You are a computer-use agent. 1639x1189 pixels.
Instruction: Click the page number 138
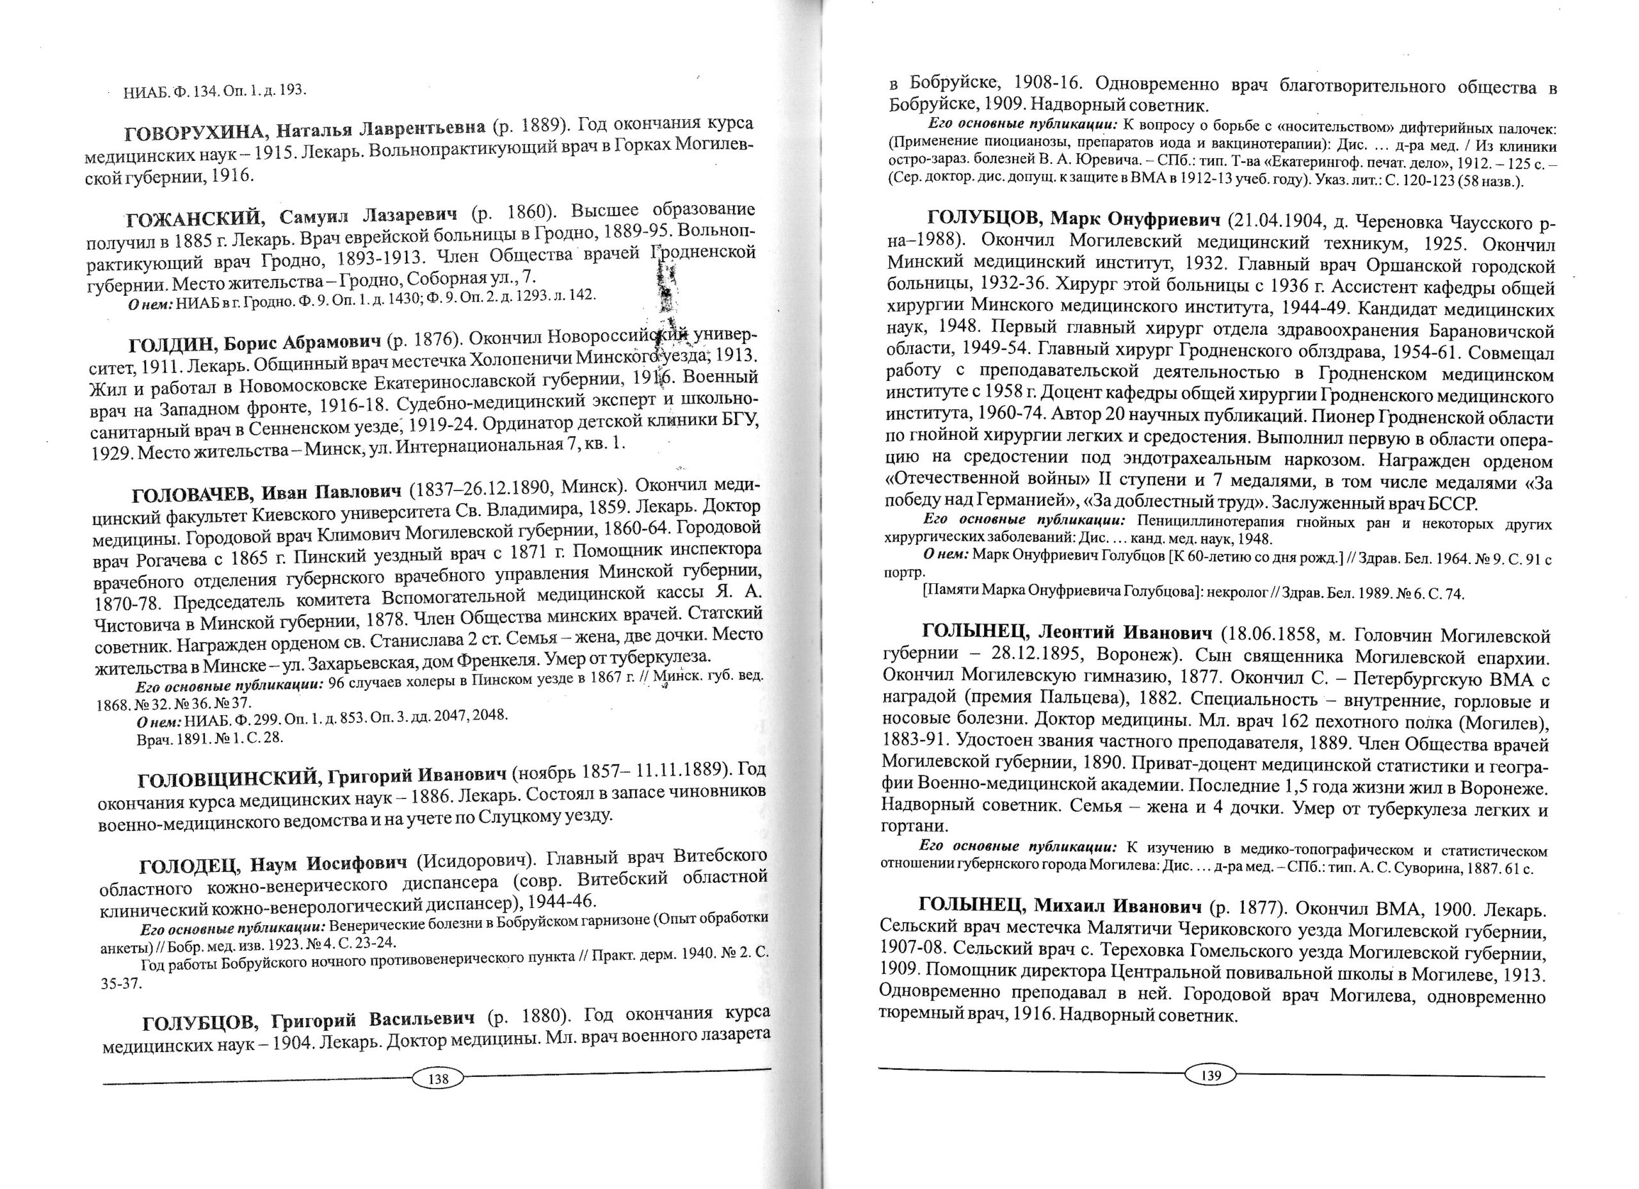tap(438, 1079)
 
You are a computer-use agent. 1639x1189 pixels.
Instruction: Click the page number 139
tap(1211, 1076)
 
